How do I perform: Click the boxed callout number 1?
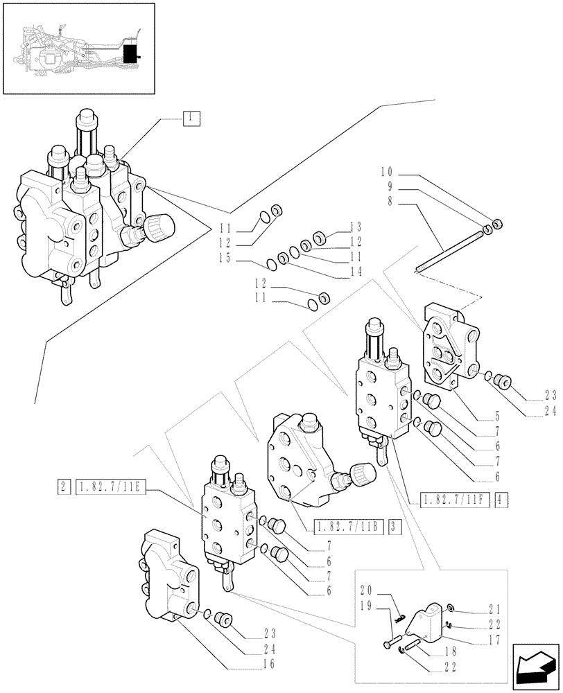(191, 118)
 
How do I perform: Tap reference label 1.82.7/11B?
(349, 525)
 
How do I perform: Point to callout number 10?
(387, 171)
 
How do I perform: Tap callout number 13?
(356, 227)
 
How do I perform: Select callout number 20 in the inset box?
(367, 590)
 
